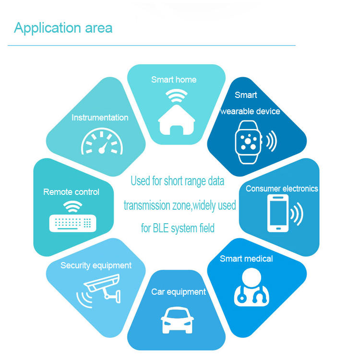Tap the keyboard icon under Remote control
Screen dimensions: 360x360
[x=70, y=223]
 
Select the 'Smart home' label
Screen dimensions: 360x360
[x=174, y=80]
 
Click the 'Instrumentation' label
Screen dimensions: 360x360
[x=100, y=118]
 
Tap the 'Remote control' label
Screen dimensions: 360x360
[x=71, y=192]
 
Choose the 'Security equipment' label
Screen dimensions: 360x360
[x=96, y=265]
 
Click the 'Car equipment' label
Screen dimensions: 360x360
[x=179, y=292]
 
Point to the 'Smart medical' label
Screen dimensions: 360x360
[x=246, y=259]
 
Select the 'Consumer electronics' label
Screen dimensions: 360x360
[x=282, y=189]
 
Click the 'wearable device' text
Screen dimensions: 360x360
[x=250, y=111]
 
